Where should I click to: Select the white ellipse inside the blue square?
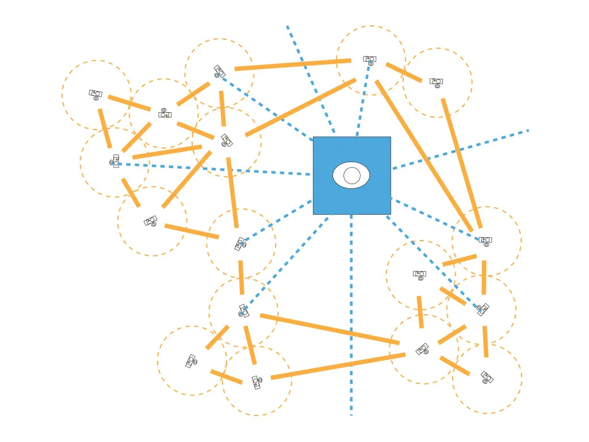(x=340, y=175)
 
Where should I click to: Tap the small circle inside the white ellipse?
(x=352, y=176)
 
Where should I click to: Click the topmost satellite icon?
(x=370, y=60)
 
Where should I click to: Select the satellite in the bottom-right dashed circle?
(x=487, y=378)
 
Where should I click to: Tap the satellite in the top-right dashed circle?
(x=436, y=82)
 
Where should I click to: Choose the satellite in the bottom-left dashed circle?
(x=191, y=361)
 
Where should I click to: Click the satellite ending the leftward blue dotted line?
(x=115, y=162)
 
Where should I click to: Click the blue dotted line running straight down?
(x=351, y=317)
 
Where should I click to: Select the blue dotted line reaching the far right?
(x=460, y=150)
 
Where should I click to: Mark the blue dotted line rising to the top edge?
(x=311, y=81)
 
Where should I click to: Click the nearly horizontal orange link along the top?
(x=292, y=64)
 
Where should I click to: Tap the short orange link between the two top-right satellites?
(x=404, y=73)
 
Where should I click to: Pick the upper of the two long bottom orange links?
(x=329, y=329)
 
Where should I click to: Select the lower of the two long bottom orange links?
(x=338, y=366)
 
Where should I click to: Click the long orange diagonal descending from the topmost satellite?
(x=424, y=156)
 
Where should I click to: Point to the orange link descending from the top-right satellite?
(x=462, y=163)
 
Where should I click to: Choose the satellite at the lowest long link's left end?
(x=257, y=382)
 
